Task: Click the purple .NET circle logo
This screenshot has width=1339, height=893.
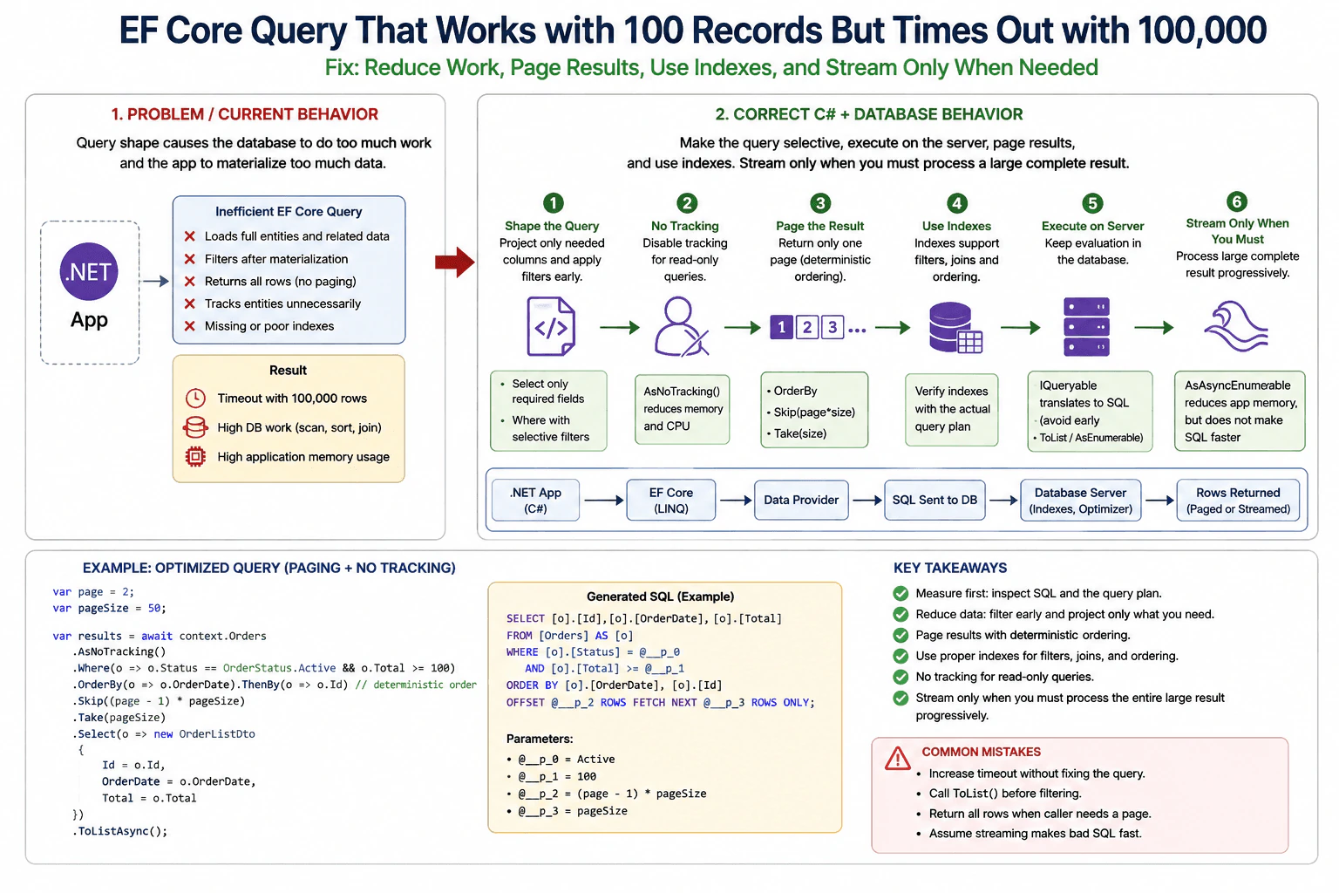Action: tap(88, 271)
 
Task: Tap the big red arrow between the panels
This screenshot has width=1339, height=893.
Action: tap(455, 262)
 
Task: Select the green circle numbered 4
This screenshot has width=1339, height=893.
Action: tap(956, 203)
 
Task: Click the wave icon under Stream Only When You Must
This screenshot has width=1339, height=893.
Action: tap(1236, 326)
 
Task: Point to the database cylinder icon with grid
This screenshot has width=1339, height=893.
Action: tap(955, 328)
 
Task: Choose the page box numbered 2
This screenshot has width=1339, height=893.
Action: tap(807, 327)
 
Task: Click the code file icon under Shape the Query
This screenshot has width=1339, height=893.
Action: tap(551, 326)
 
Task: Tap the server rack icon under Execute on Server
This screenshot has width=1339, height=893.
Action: tap(1086, 327)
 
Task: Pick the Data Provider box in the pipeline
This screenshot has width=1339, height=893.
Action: tap(801, 500)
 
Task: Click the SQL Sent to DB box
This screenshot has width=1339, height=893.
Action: tap(935, 500)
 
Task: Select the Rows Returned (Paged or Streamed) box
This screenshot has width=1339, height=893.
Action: tap(1238, 500)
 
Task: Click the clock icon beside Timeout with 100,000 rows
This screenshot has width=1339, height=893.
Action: tap(195, 399)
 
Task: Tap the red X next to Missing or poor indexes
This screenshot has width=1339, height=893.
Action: tap(189, 326)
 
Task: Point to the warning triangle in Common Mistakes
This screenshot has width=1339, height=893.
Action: tap(897, 759)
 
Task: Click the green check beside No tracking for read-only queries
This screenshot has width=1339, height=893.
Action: tap(901, 677)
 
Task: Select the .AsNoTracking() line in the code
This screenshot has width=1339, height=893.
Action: tap(119, 652)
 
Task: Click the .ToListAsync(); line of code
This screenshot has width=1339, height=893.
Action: tap(120, 831)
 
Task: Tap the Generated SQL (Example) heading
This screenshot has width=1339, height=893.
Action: tap(661, 596)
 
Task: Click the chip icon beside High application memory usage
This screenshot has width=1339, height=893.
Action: tap(195, 457)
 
